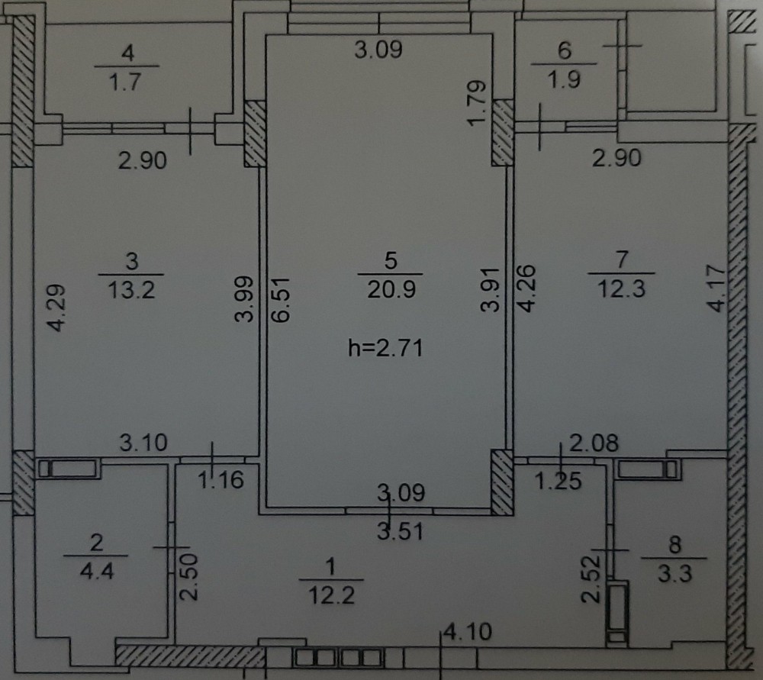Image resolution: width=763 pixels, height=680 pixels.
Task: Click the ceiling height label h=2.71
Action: [385, 348]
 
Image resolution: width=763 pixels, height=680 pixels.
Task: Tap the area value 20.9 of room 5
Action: [391, 290]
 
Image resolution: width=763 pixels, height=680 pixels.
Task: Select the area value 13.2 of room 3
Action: [131, 291]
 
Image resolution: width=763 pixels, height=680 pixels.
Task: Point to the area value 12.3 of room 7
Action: [621, 289]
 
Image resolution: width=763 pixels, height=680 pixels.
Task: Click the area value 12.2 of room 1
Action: [332, 595]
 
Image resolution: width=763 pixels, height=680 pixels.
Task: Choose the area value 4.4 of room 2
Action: [97, 571]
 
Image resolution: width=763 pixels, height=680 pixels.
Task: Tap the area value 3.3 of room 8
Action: [675, 574]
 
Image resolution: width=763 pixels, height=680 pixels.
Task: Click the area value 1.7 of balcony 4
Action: [124, 82]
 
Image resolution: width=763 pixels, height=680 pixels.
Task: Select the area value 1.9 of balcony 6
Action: [564, 80]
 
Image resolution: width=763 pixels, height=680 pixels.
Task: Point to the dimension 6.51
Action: [282, 299]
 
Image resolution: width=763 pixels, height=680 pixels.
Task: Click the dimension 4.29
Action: [56, 308]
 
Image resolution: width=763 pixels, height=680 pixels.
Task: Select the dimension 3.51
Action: [400, 531]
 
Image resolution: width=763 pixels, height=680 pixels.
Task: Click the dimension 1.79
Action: [477, 103]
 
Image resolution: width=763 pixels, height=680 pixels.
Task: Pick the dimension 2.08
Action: [594, 443]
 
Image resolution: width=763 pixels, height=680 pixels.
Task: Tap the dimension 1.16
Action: [221, 481]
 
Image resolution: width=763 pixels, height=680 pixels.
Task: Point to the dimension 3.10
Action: [143, 443]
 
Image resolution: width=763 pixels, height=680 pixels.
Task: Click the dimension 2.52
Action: [592, 579]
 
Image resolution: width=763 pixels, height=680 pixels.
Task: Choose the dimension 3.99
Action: [244, 299]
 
